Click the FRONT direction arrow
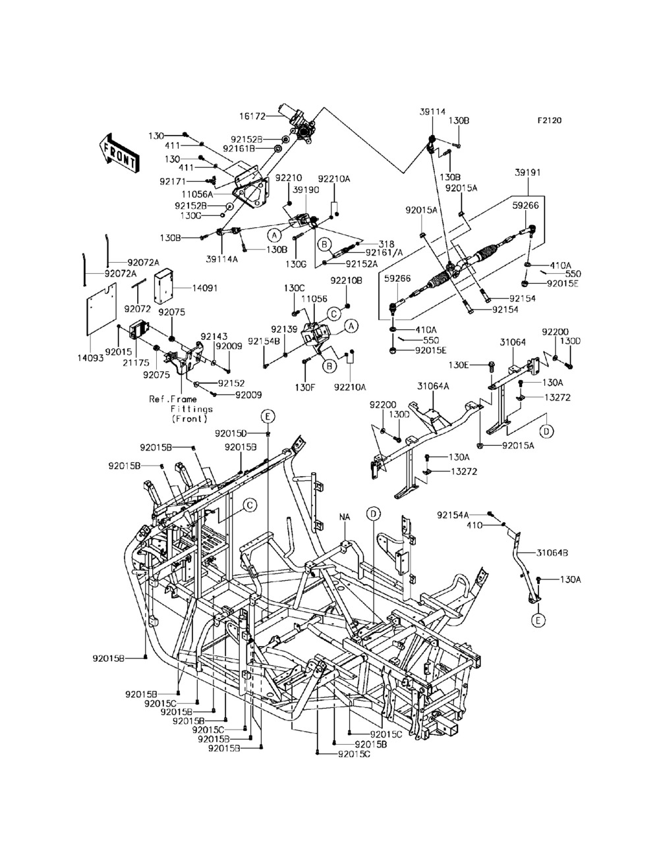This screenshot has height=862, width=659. coord(118,153)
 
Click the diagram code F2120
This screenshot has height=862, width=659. coord(550,120)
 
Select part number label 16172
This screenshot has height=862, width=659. coord(252,117)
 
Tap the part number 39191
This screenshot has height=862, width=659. coord(528,173)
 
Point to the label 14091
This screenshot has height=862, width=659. coord(205,288)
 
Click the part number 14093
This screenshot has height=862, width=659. coord(90,358)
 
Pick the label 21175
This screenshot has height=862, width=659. coord(136,363)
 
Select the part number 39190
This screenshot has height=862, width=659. coord(306,190)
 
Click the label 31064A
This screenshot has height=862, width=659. coord(434,387)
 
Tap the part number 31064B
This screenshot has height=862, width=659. coord(552,553)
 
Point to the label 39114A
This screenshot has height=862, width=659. coord(222,259)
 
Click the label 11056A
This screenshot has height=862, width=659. coord(197,194)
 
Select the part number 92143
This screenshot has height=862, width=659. coord(214,337)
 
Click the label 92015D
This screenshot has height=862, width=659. coord(231,433)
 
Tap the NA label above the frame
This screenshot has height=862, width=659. coord(345,517)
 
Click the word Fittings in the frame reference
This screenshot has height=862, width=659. coord(192,409)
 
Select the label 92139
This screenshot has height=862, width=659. coord(284,329)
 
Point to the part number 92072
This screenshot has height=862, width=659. coord(138,309)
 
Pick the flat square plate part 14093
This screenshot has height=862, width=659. coord(101,310)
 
